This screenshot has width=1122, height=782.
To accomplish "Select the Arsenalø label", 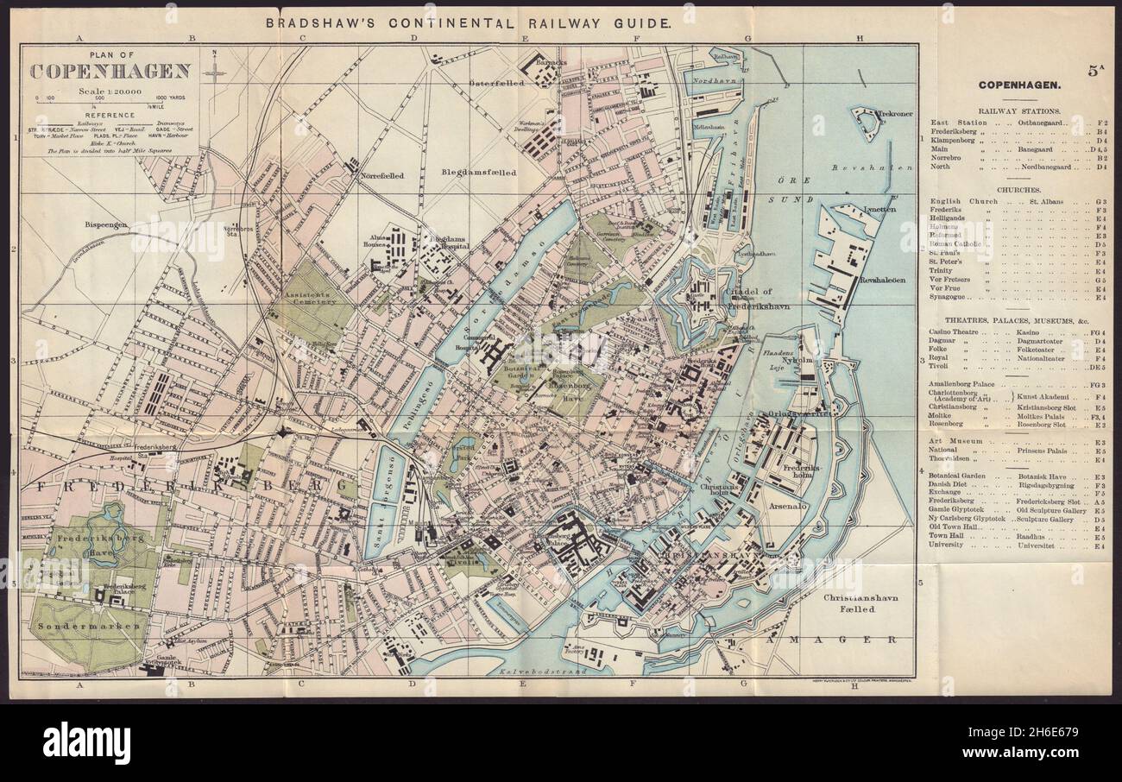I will tap(784, 506).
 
